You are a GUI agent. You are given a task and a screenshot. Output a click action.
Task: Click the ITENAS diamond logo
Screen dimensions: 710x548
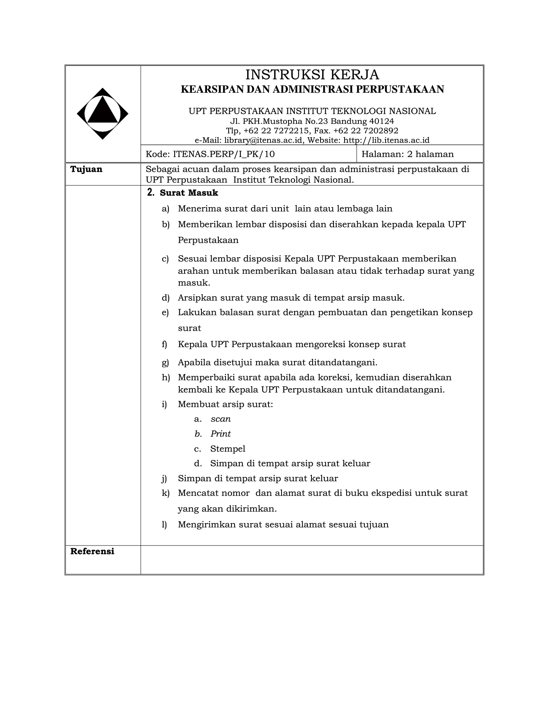coord(103,114)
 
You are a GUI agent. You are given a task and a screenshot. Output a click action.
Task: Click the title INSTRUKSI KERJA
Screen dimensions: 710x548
coord(312,75)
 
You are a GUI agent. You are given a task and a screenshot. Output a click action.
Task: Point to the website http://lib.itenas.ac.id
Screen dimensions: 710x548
coord(386,140)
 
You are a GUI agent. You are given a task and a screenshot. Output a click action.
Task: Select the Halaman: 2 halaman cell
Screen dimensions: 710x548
coord(407,154)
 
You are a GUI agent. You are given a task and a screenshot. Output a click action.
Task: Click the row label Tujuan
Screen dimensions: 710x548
coord(86,169)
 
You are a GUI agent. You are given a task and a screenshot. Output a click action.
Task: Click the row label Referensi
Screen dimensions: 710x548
coord(92,551)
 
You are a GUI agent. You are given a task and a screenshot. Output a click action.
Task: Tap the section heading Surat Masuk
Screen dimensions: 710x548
coord(189,193)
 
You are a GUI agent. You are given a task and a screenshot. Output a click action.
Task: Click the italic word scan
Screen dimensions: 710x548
coord(220,419)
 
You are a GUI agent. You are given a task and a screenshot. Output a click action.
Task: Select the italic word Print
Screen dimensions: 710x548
coord(220,434)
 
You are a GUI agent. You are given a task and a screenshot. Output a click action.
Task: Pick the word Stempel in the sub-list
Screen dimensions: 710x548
coord(227,449)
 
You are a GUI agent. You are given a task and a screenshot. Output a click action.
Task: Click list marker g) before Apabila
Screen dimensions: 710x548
coord(165,362)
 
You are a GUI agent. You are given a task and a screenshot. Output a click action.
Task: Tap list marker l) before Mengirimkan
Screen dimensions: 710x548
coord(164,525)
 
